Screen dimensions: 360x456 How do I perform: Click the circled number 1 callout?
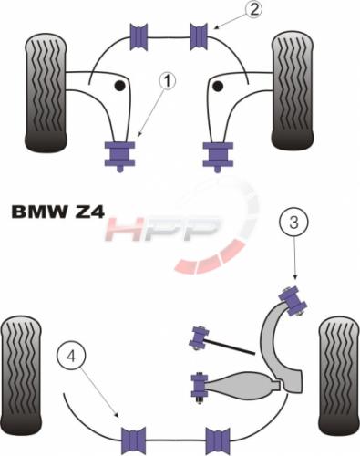click(x=167, y=81)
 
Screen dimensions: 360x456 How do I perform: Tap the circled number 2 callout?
click(x=253, y=9)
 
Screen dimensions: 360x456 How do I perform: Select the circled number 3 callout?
click(x=293, y=223)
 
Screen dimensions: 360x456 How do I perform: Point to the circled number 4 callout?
click(x=71, y=356)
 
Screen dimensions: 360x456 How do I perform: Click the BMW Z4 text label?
click(x=58, y=212)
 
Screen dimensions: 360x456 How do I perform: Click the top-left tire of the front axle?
click(x=46, y=93)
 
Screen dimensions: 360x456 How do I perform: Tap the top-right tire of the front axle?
click(x=293, y=90)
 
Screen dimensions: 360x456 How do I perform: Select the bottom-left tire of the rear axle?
click(x=21, y=376)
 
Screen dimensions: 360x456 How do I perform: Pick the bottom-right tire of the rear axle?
click(x=339, y=376)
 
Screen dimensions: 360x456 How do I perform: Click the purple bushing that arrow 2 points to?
click(x=200, y=36)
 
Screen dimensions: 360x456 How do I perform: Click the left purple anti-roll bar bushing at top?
click(x=139, y=36)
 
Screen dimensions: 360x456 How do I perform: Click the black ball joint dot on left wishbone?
click(x=119, y=86)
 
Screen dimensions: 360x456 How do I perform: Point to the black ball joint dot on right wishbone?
click(x=218, y=87)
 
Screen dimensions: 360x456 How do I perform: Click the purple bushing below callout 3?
click(x=293, y=299)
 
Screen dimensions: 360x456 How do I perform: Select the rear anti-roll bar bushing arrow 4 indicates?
click(x=133, y=440)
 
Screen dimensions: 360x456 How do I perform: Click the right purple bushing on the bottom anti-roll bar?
click(x=218, y=440)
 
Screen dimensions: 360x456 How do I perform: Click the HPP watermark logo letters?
click(x=162, y=229)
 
